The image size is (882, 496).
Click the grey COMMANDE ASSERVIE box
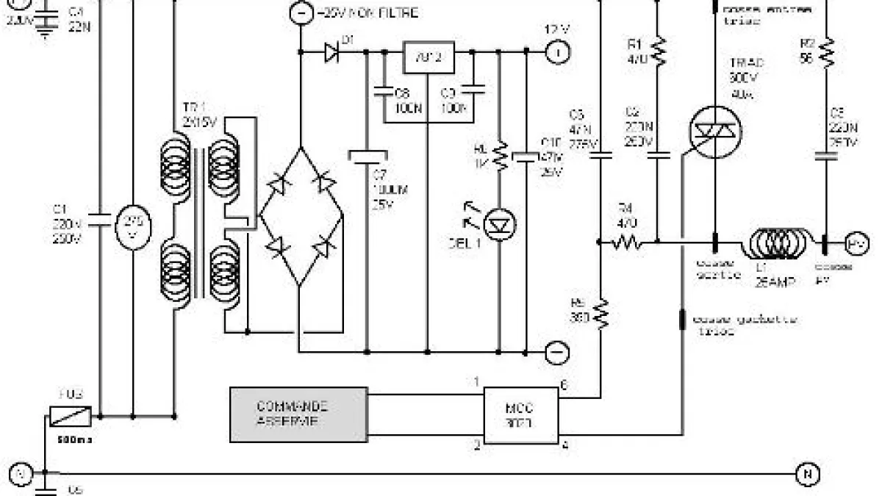coord(298,414)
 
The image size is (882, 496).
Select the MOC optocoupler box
coord(520,416)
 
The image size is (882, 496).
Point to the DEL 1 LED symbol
coord(501,223)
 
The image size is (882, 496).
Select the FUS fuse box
coord(70,415)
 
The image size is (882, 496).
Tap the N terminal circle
coord(806,475)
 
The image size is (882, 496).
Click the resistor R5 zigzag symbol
coord(602,314)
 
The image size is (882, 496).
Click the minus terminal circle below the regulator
coord(557,351)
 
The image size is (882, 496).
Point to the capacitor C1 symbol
coord(98,218)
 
